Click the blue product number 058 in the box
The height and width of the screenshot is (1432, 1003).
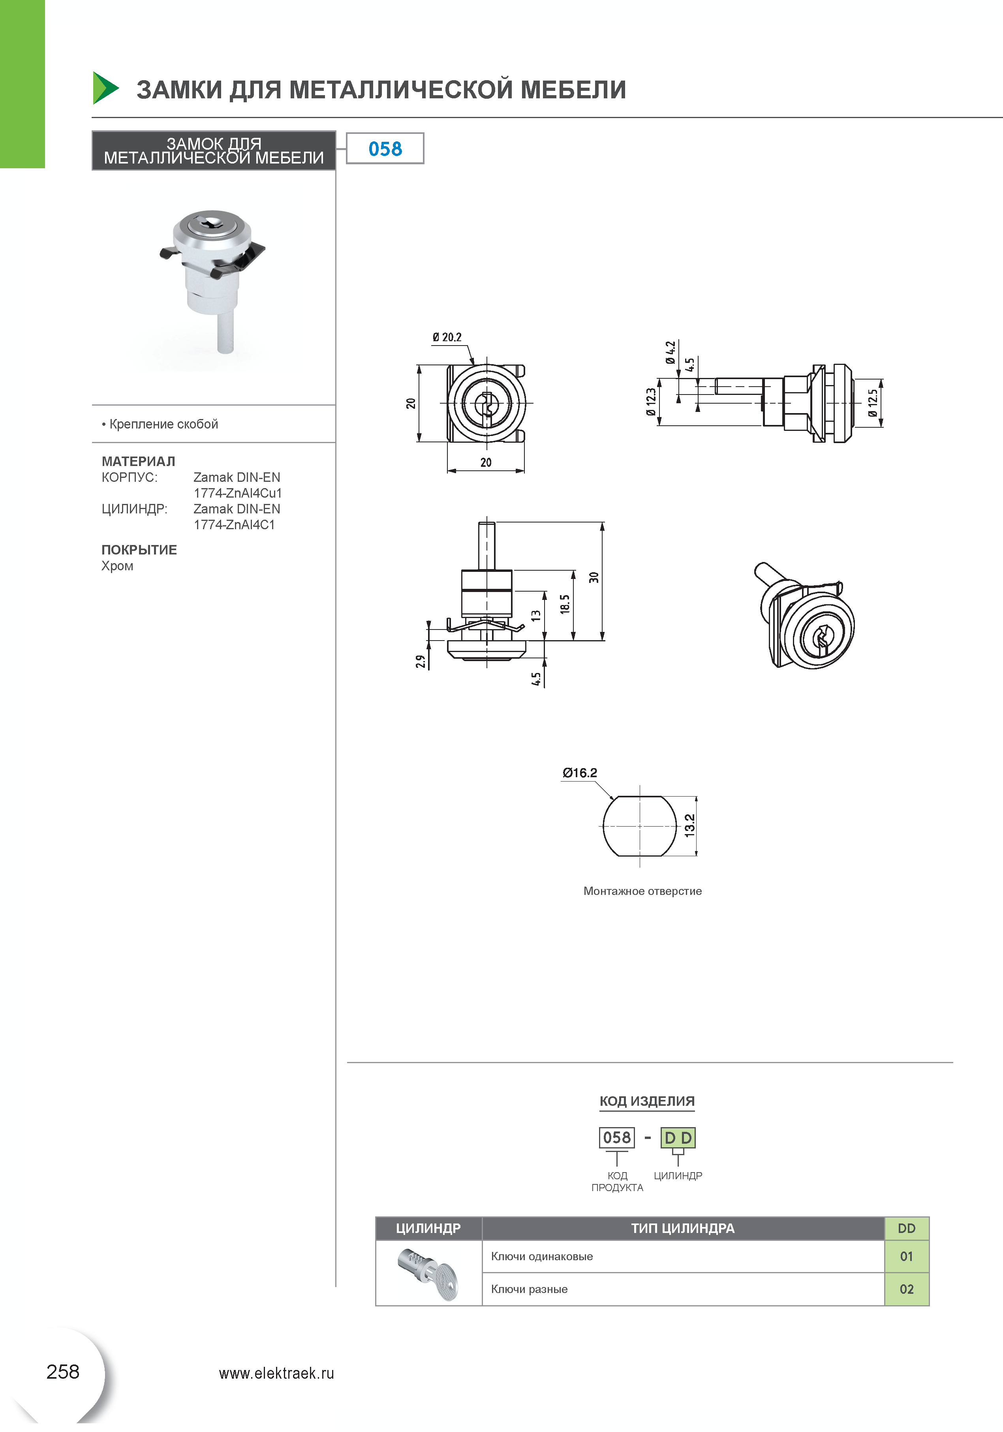coord(385,148)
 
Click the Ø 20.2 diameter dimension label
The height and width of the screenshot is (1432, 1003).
coord(447,337)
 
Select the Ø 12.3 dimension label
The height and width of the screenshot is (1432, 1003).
coord(651,402)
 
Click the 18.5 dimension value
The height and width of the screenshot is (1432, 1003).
coord(565,604)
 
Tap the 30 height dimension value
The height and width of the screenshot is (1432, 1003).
coord(594,577)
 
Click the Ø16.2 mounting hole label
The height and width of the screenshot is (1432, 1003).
coord(579,773)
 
